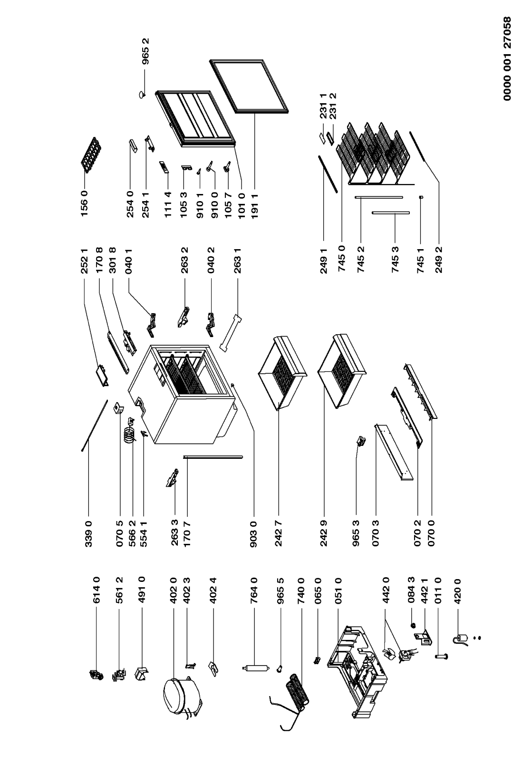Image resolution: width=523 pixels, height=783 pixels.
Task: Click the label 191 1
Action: (x=254, y=204)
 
